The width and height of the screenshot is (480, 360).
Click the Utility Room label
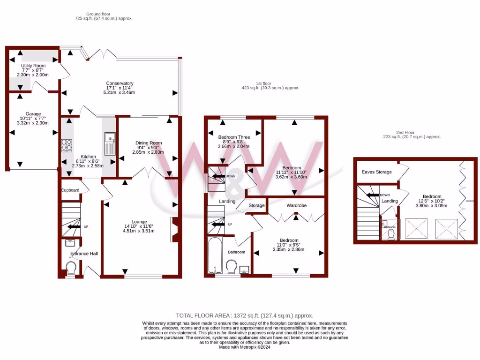tap(32, 65)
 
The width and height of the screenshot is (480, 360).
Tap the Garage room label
tap(33, 114)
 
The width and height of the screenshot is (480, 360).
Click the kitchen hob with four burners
tap(66, 145)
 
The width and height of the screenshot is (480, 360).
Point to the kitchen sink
tap(110, 139)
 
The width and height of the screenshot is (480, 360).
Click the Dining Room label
tap(149, 143)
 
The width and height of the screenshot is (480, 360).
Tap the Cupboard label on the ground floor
tap(69, 190)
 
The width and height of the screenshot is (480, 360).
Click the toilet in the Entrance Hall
tap(71, 269)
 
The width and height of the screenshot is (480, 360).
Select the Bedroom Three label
tap(234, 137)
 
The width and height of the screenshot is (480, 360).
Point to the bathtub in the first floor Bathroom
tap(215, 256)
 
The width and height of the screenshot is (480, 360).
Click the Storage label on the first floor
tap(256, 206)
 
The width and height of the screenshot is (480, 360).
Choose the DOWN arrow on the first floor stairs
tap(218, 176)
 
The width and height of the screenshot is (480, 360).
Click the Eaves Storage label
tap(376, 172)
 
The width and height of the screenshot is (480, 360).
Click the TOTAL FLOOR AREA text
tap(244, 315)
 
